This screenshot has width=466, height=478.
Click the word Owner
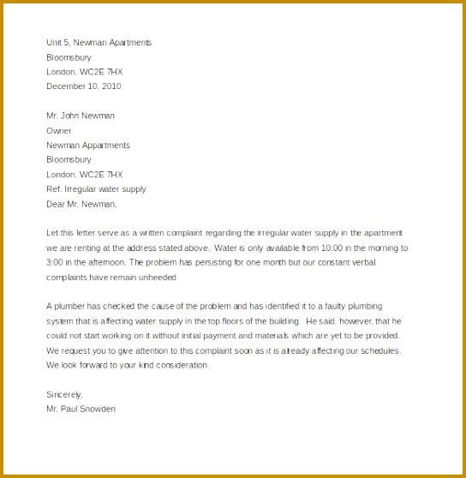click(x=59, y=131)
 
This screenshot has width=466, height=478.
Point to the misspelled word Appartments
click(x=100, y=146)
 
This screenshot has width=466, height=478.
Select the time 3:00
click(x=57, y=262)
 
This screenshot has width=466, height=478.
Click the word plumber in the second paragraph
click(x=72, y=307)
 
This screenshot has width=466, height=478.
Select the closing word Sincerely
click(x=64, y=395)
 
